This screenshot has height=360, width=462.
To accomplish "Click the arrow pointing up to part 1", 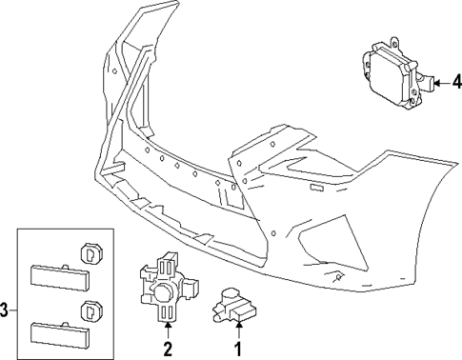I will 238,330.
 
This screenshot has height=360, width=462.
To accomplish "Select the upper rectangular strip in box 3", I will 59,275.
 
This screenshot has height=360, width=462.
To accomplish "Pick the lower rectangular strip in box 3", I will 59,333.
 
